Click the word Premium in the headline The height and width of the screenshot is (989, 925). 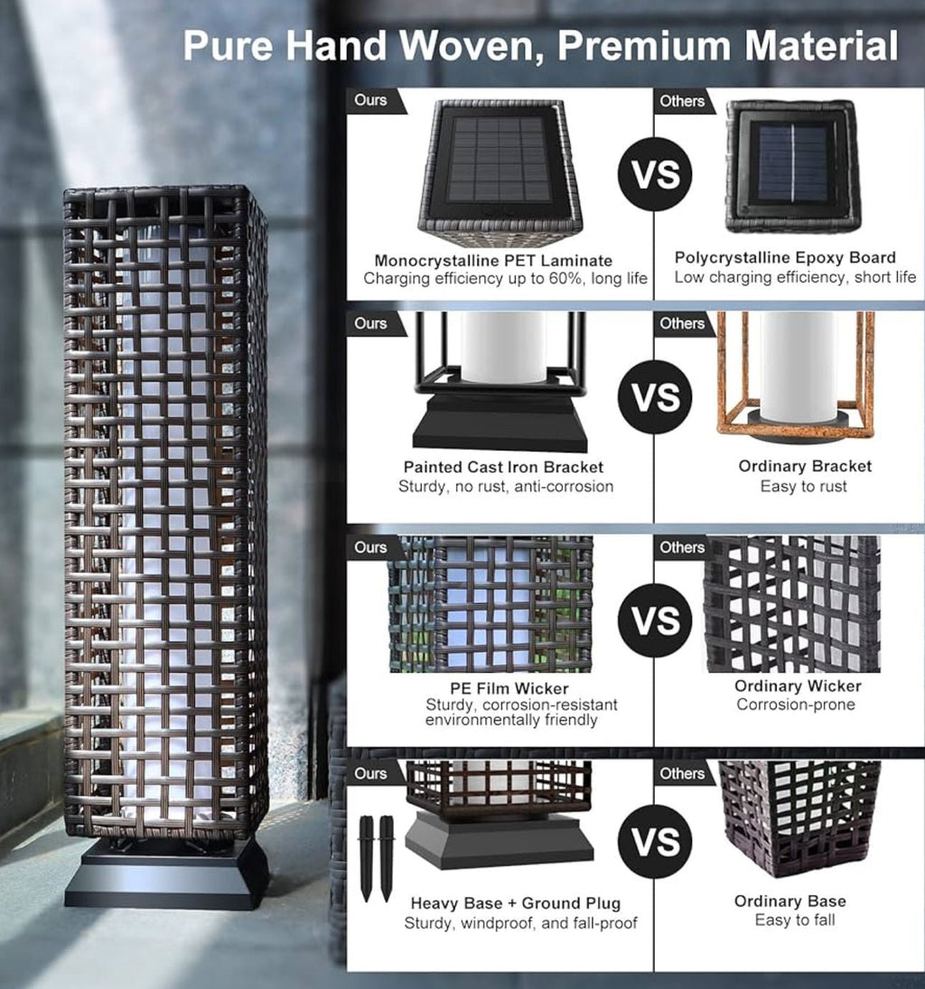pyautogui.click(x=643, y=45)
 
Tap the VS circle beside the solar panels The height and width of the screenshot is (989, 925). pyautogui.click(x=655, y=174)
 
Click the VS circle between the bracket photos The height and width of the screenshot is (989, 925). pyautogui.click(x=655, y=397)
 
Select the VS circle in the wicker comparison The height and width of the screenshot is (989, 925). pyautogui.click(x=655, y=620)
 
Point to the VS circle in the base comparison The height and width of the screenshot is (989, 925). pyautogui.click(x=655, y=842)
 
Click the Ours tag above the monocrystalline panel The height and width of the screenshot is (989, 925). pyautogui.click(x=371, y=100)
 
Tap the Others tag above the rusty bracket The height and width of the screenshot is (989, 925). pyautogui.click(x=682, y=323)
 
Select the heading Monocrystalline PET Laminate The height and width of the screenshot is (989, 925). pyautogui.click(x=493, y=260)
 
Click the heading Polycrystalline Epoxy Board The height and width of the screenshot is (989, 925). pyautogui.click(x=785, y=257)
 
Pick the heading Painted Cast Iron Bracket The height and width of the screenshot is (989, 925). pyautogui.click(x=503, y=467)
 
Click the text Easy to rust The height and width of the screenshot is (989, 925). pyautogui.click(x=803, y=486)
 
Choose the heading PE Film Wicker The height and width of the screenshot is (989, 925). pyautogui.click(x=509, y=688)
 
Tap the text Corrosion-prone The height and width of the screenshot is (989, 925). pyautogui.click(x=796, y=704)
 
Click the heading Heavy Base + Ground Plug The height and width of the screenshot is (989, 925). pyautogui.click(x=516, y=903)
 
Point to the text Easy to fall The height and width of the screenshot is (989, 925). pyautogui.click(x=794, y=920)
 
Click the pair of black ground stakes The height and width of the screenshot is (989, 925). pyautogui.click(x=376, y=858)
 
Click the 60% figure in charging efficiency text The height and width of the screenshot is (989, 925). pyautogui.click(x=567, y=278)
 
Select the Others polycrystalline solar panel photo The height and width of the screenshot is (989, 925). pyautogui.click(x=793, y=167)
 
